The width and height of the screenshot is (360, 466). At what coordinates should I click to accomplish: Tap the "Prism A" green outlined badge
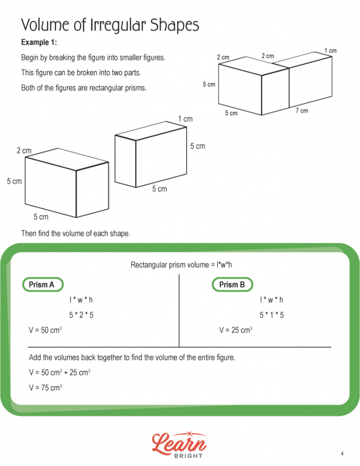point(42,284)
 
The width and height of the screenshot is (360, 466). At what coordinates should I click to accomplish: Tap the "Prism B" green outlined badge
point(232,284)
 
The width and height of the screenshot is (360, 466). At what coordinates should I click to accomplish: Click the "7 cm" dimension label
point(302,111)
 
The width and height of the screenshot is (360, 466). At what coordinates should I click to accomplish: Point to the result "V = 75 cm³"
point(46,388)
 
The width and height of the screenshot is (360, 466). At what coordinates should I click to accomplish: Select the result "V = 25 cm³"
point(236,330)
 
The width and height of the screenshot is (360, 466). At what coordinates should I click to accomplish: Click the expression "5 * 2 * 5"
point(81,315)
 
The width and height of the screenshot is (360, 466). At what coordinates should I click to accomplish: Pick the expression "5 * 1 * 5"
point(272,315)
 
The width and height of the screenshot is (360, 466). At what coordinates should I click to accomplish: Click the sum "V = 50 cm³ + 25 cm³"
point(60,372)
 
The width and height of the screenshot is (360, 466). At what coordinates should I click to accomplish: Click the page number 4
point(341,453)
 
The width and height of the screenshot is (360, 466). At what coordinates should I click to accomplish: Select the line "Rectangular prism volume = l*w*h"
point(182,265)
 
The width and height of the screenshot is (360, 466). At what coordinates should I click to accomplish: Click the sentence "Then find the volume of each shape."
point(76,233)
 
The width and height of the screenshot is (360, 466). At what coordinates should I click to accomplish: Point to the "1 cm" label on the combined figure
point(330,50)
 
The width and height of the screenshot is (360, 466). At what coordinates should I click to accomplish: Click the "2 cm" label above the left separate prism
point(24,151)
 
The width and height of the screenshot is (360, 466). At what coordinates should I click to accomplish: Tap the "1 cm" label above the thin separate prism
point(185,119)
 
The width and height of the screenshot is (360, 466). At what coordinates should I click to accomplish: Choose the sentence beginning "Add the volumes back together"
point(132,357)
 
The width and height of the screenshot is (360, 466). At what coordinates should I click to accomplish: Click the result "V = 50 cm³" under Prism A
point(46,330)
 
